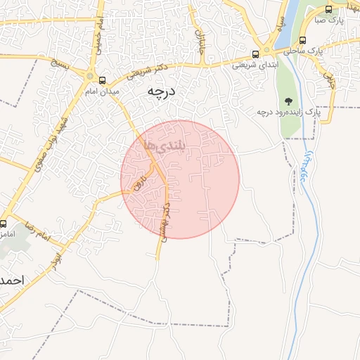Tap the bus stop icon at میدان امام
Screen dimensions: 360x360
[103, 80]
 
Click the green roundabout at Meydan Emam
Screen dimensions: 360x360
[89, 76]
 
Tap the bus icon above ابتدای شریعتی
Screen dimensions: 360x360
[257, 53]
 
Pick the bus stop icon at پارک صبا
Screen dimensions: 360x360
[329, 9]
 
